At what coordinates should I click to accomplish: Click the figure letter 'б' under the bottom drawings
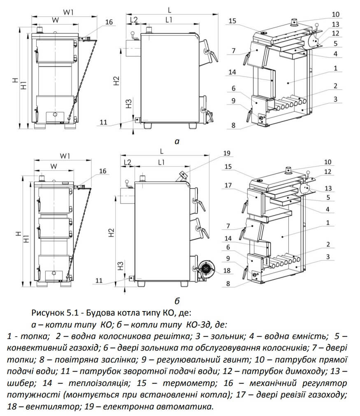[177, 299]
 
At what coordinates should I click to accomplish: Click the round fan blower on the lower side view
[204, 270]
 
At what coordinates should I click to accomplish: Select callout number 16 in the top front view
[108, 22]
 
